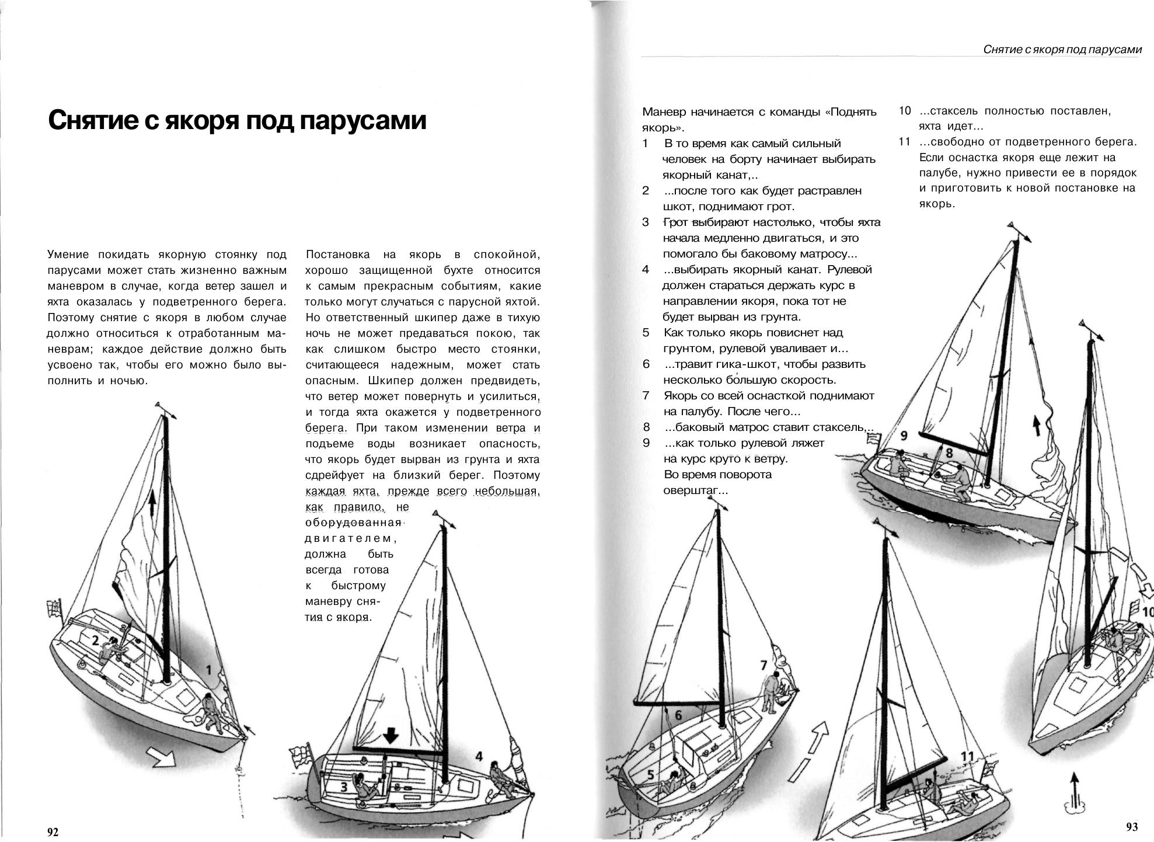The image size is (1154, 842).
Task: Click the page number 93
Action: tap(1131, 826)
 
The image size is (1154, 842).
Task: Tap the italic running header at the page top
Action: tap(1062, 50)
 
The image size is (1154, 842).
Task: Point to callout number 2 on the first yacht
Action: tap(95, 640)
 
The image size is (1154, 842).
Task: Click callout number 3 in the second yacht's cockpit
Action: tap(344, 788)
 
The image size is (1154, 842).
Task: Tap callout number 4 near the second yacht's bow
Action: tap(479, 757)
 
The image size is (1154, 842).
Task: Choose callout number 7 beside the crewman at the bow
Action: tap(763, 665)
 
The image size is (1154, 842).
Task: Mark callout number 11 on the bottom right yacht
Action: tap(967, 757)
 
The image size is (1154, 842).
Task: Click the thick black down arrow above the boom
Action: tap(389, 735)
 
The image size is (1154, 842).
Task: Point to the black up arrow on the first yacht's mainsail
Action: tap(152, 503)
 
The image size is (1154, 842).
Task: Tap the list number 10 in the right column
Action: tap(904, 111)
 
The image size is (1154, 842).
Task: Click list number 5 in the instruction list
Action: tap(646, 333)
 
